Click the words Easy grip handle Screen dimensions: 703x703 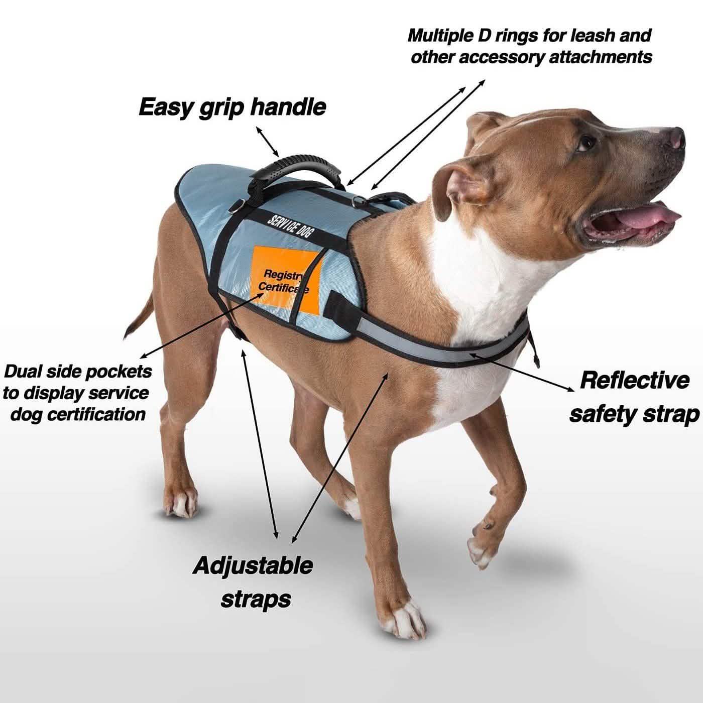point(232,107)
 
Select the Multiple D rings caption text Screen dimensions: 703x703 point(530,46)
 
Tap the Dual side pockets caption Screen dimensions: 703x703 point(76,393)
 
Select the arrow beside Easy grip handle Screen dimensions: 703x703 point(267,141)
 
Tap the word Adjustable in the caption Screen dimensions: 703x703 point(253,565)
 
